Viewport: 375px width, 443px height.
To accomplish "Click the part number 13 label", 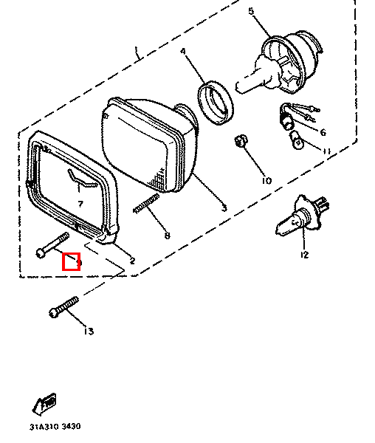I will coord(89,332).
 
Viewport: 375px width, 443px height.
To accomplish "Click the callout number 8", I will coord(167,236).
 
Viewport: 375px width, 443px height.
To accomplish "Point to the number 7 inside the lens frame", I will coord(80,202).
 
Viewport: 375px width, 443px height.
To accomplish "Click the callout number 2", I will coord(132,260).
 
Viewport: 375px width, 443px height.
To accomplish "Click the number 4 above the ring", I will coord(185,52).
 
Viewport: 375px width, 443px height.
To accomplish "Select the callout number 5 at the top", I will coord(250,11).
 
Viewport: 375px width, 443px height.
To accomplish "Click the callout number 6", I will coord(323,131).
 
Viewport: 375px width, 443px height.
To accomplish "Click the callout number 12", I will coord(303,255).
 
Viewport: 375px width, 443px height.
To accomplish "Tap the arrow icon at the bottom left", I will coord(45,404).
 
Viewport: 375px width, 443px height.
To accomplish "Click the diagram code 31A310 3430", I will coord(55,427).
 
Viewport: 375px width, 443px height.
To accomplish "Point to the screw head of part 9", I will coord(40,253).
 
